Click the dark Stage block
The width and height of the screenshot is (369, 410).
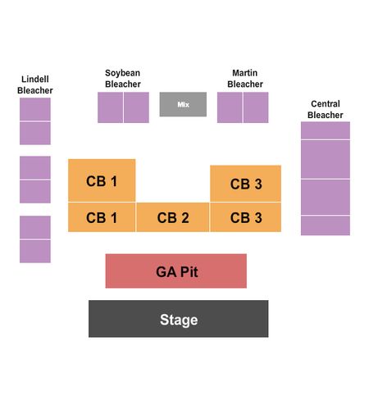click(x=179, y=319)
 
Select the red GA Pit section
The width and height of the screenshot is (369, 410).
click(x=176, y=271)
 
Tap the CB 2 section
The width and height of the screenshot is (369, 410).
click(x=173, y=217)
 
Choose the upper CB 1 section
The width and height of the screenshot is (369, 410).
click(x=102, y=180)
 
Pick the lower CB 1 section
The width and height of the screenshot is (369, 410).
click(x=102, y=217)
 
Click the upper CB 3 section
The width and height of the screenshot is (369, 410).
click(x=245, y=184)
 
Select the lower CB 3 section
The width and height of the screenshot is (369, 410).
click(x=245, y=217)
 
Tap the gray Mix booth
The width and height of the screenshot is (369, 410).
click(x=183, y=104)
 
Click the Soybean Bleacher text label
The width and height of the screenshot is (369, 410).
click(x=123, y=79)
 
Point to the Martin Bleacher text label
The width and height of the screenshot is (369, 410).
click(x=245, y=79)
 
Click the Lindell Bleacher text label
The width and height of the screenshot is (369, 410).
click(x=35, y=84)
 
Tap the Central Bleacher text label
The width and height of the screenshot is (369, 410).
click(x=326, y=109)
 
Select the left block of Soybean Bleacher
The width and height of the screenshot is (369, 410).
click(x=111, y=107)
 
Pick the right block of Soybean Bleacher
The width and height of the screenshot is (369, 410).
click(x=136, y=107)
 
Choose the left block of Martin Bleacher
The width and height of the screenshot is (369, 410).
click(x=230, y=107)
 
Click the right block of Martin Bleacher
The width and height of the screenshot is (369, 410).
click(x=256, y=107)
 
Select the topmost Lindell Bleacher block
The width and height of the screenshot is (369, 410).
click(x=35, y=109)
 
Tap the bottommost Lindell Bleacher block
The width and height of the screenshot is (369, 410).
click(x=35, y=251)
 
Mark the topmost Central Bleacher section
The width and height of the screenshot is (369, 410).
click(x=326, y=130)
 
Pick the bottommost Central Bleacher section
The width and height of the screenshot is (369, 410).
click(x=326, y=225)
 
